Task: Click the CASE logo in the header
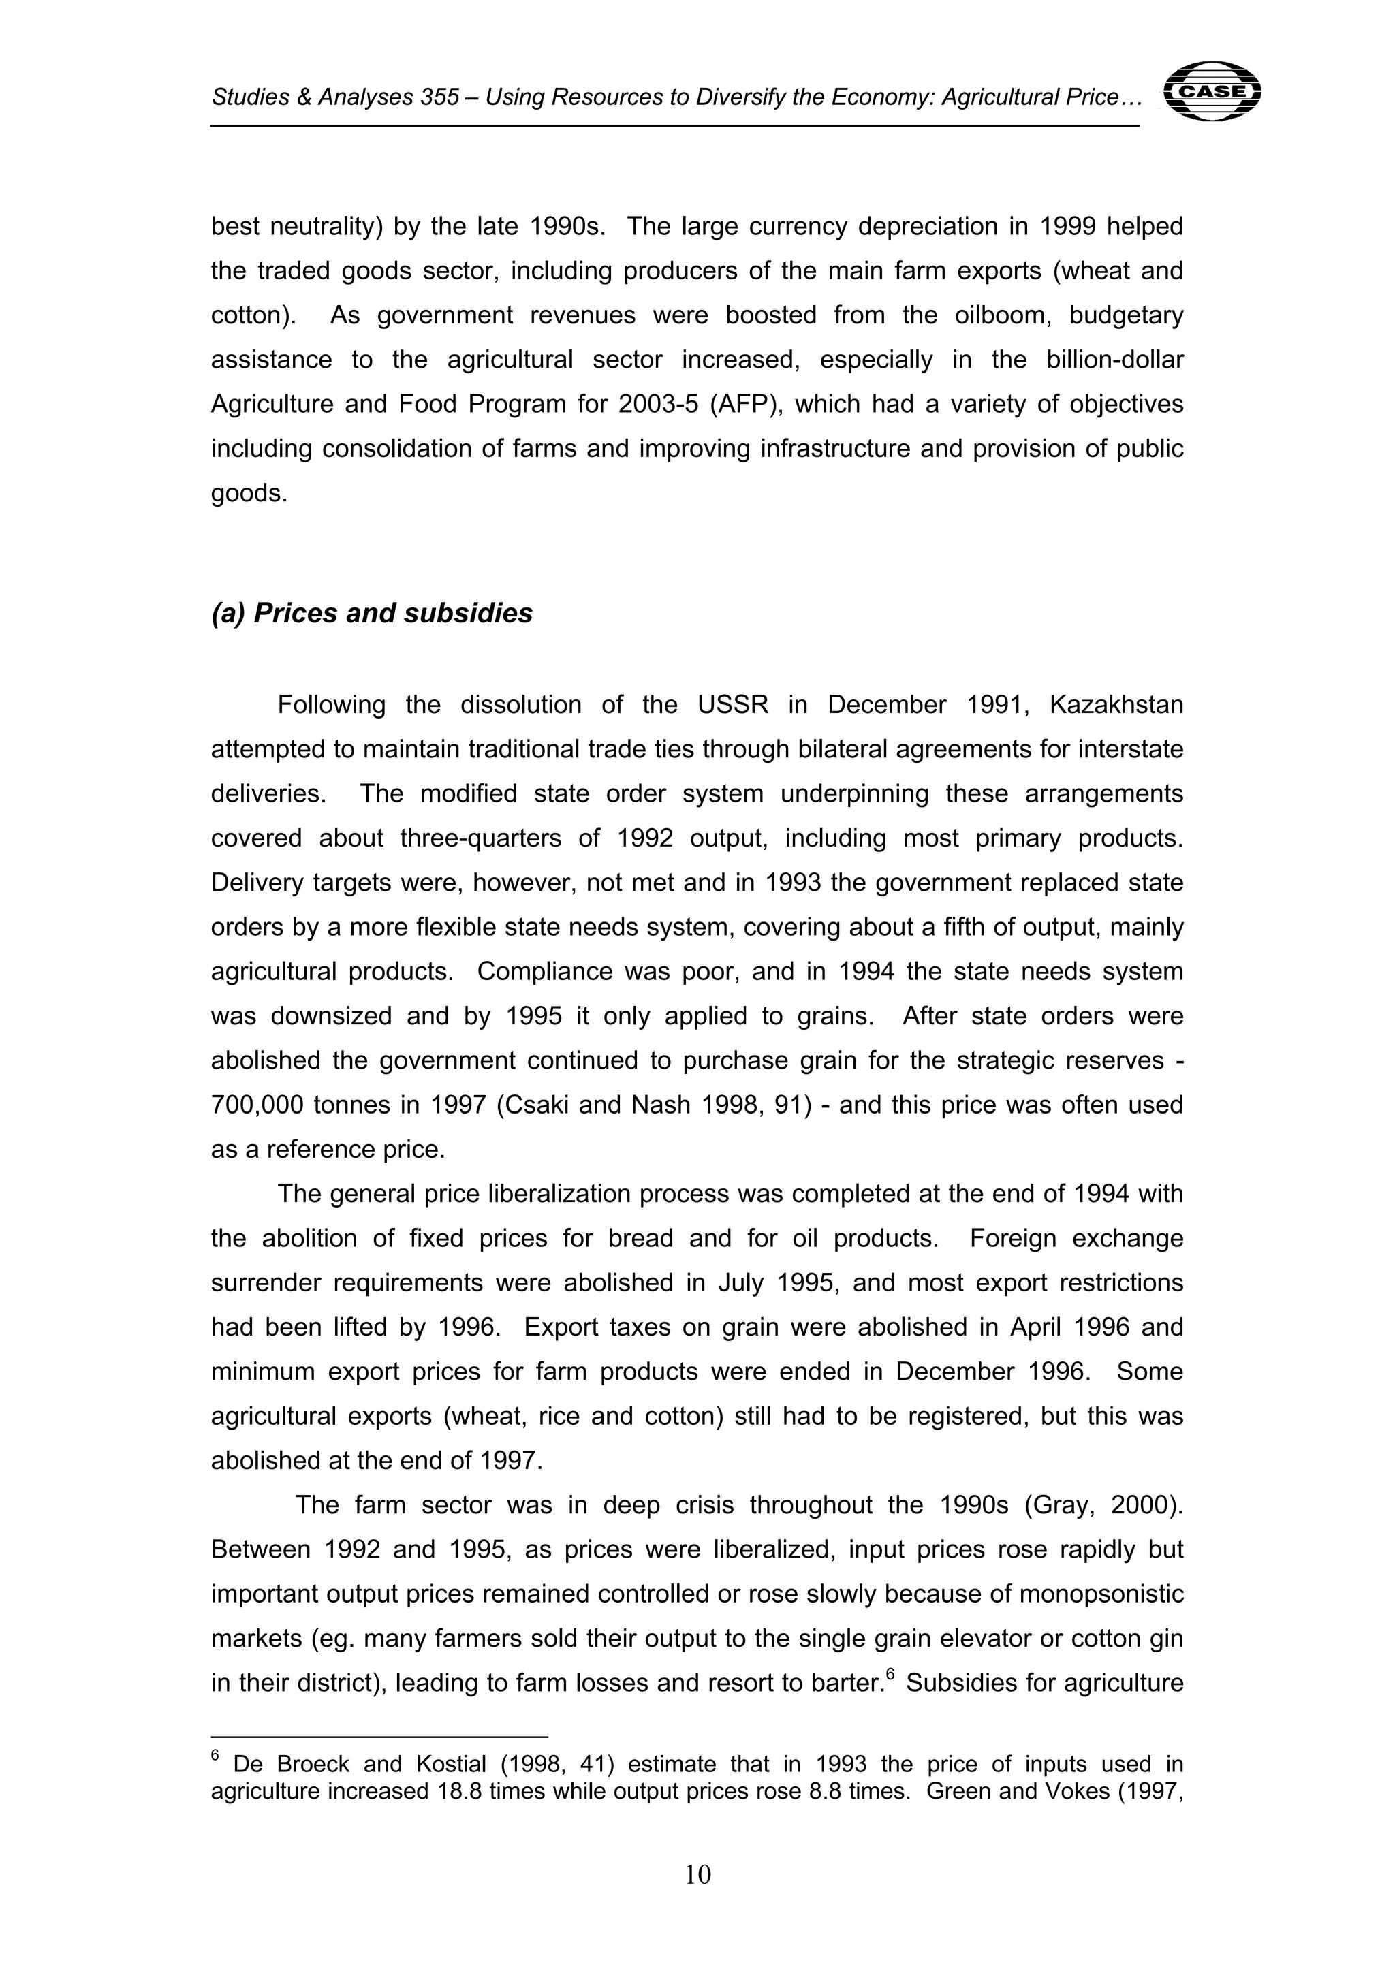(x=1211, y=91)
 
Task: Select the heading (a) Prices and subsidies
(x=371, y=614)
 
